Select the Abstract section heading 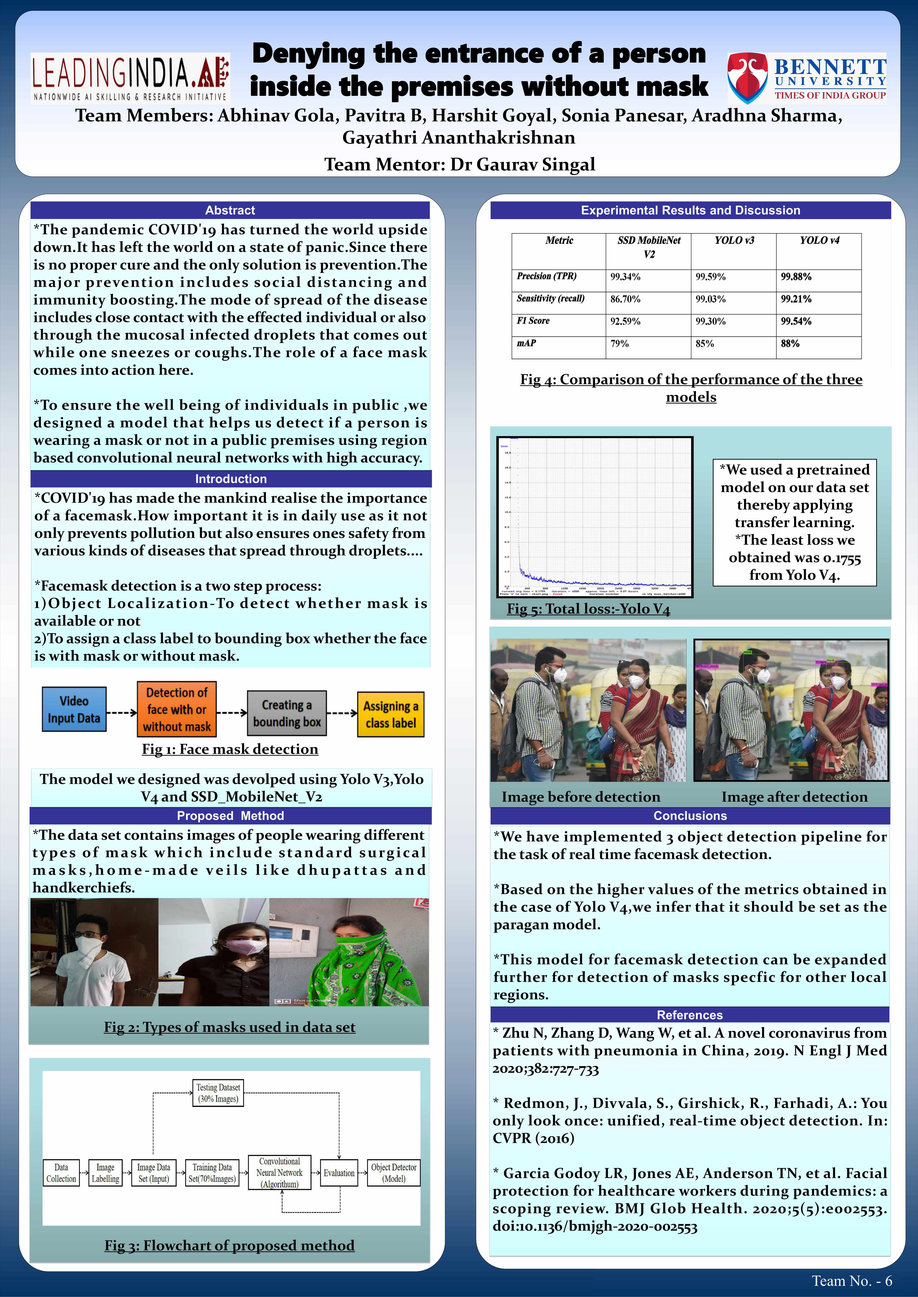pyautogui.click(x=230, y=210)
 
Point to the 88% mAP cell pyautogui.click(x=790, y=343)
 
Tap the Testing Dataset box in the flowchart pyautogui.click(x=218, y=1093)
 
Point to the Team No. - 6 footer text pyautogui.click(x=851, y=1281)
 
